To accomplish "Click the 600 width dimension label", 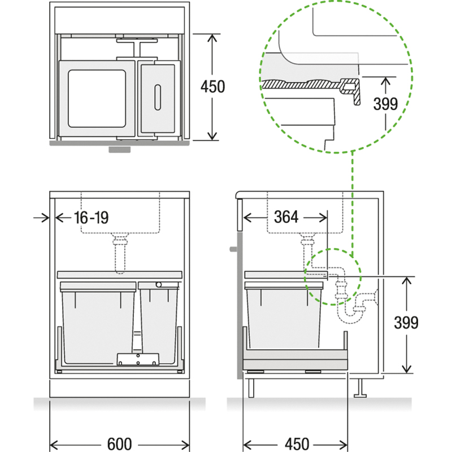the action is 119,444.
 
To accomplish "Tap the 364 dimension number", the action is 286,217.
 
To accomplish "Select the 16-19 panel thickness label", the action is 92,218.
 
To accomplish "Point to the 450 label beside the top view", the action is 213,86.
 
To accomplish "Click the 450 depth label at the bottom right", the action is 297,444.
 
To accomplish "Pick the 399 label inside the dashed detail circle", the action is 385,104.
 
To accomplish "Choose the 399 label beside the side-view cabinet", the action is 406,323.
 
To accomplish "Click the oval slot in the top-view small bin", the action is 158,97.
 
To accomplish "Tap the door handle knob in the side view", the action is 233,249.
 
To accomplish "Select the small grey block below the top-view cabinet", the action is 119,149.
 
